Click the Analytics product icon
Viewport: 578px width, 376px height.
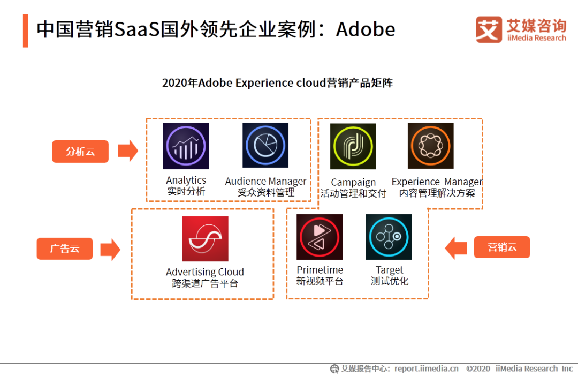tap(186, 146)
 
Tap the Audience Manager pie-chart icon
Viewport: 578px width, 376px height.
tap(265, 145)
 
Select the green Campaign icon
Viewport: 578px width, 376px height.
tap(353, 146)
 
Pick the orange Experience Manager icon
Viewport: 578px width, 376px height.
tap(430, 146)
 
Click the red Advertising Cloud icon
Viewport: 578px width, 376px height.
tap(206, 239)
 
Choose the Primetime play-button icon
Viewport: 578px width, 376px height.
tap(320, 237)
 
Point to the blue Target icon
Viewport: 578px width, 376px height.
tap(389, 237)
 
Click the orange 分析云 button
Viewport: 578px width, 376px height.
tap(80, 151)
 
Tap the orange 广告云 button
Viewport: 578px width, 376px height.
tap(65, 249)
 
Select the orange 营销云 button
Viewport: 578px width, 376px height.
tap(502, 247)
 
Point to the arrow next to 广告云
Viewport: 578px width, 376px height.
tap(111, 250)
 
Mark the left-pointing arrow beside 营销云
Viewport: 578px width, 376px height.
tap(456, 247)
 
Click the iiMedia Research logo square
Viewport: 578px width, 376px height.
tap(489, 29)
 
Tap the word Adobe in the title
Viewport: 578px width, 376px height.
tap(366, 29)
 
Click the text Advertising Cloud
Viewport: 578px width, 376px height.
tap(205, 272)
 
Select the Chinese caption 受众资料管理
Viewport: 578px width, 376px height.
tap(266, 193)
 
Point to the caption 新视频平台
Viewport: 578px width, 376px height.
tap(320, 282)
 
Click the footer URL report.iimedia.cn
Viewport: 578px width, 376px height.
tap(427, 369)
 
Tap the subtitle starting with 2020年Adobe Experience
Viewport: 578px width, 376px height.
tap(277, 82)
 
